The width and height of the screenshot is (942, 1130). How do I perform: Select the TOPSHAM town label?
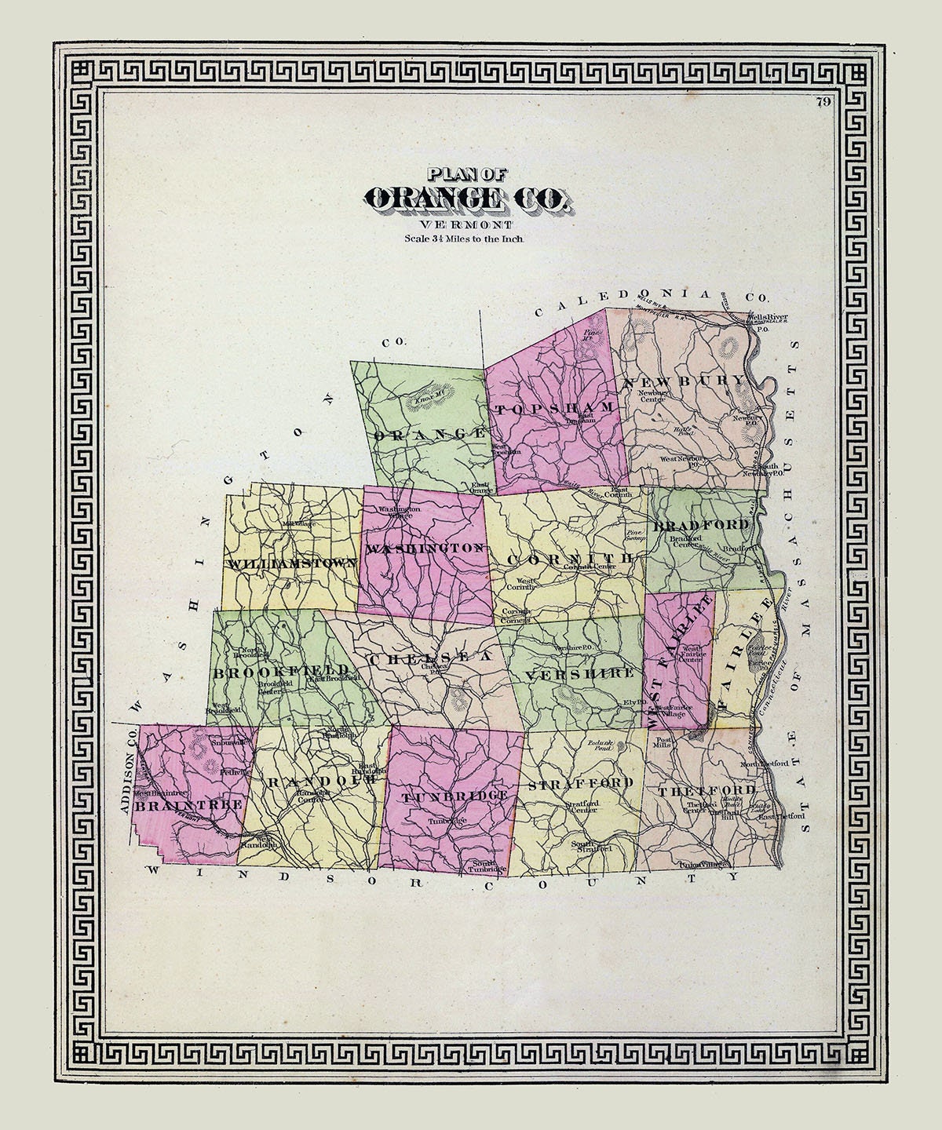[x=553, y=408]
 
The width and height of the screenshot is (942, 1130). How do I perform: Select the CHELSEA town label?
[x=430, y=656]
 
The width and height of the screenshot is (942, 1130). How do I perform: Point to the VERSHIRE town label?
[x=580, y=674]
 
